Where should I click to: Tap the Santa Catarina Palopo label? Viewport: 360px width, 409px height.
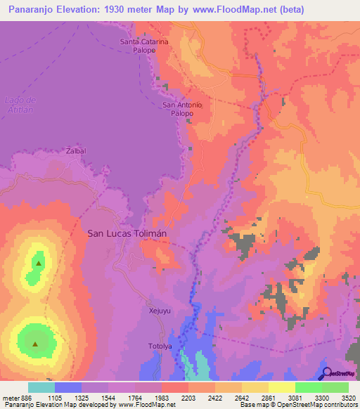[144, 46]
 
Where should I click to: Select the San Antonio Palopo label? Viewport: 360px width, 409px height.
[182, 109]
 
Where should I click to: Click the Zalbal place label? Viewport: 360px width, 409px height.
[75, 151]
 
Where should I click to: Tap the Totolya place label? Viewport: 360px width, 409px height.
[160, 346]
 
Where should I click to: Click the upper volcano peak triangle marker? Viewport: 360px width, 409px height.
[38, 264]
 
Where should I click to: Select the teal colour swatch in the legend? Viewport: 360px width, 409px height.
[41, 387]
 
